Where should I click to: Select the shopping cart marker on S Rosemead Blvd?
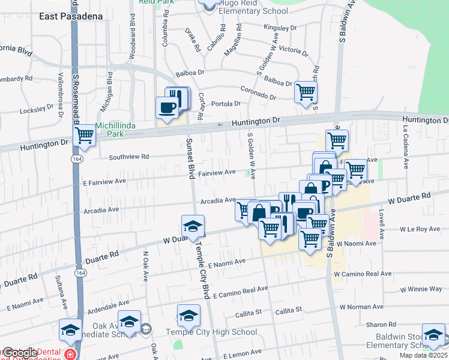pos(85,136)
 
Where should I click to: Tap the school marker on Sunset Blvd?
pos(193,226)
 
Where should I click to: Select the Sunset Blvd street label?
pos(190,159)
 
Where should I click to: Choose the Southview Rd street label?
pos(128,157)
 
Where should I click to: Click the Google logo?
pos(20,353)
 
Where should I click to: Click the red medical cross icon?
pos(70,354)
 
